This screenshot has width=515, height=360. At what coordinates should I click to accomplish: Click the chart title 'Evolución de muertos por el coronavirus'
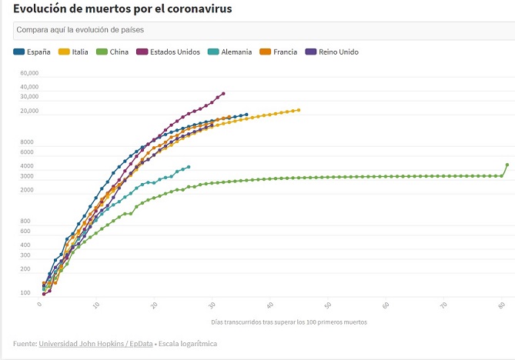122,8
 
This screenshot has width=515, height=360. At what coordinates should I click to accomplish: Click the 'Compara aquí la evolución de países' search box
262,30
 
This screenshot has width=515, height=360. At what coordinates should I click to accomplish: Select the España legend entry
32,52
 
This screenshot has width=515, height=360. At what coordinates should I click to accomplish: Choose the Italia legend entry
74,52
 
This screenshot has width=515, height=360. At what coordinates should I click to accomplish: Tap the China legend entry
114,52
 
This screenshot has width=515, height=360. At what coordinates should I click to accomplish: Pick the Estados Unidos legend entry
169,52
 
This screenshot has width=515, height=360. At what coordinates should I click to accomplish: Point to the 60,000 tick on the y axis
29,74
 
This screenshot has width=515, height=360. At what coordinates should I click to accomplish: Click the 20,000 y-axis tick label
29,112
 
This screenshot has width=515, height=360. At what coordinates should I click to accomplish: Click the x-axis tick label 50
329,305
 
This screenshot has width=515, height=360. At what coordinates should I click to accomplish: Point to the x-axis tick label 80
502,305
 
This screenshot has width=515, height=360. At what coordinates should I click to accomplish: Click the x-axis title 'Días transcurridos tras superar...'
289,322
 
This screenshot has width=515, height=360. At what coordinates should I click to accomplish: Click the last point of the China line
507,165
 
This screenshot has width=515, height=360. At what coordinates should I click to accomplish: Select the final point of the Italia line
299,110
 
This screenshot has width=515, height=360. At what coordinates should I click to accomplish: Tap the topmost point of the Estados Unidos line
223,94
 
